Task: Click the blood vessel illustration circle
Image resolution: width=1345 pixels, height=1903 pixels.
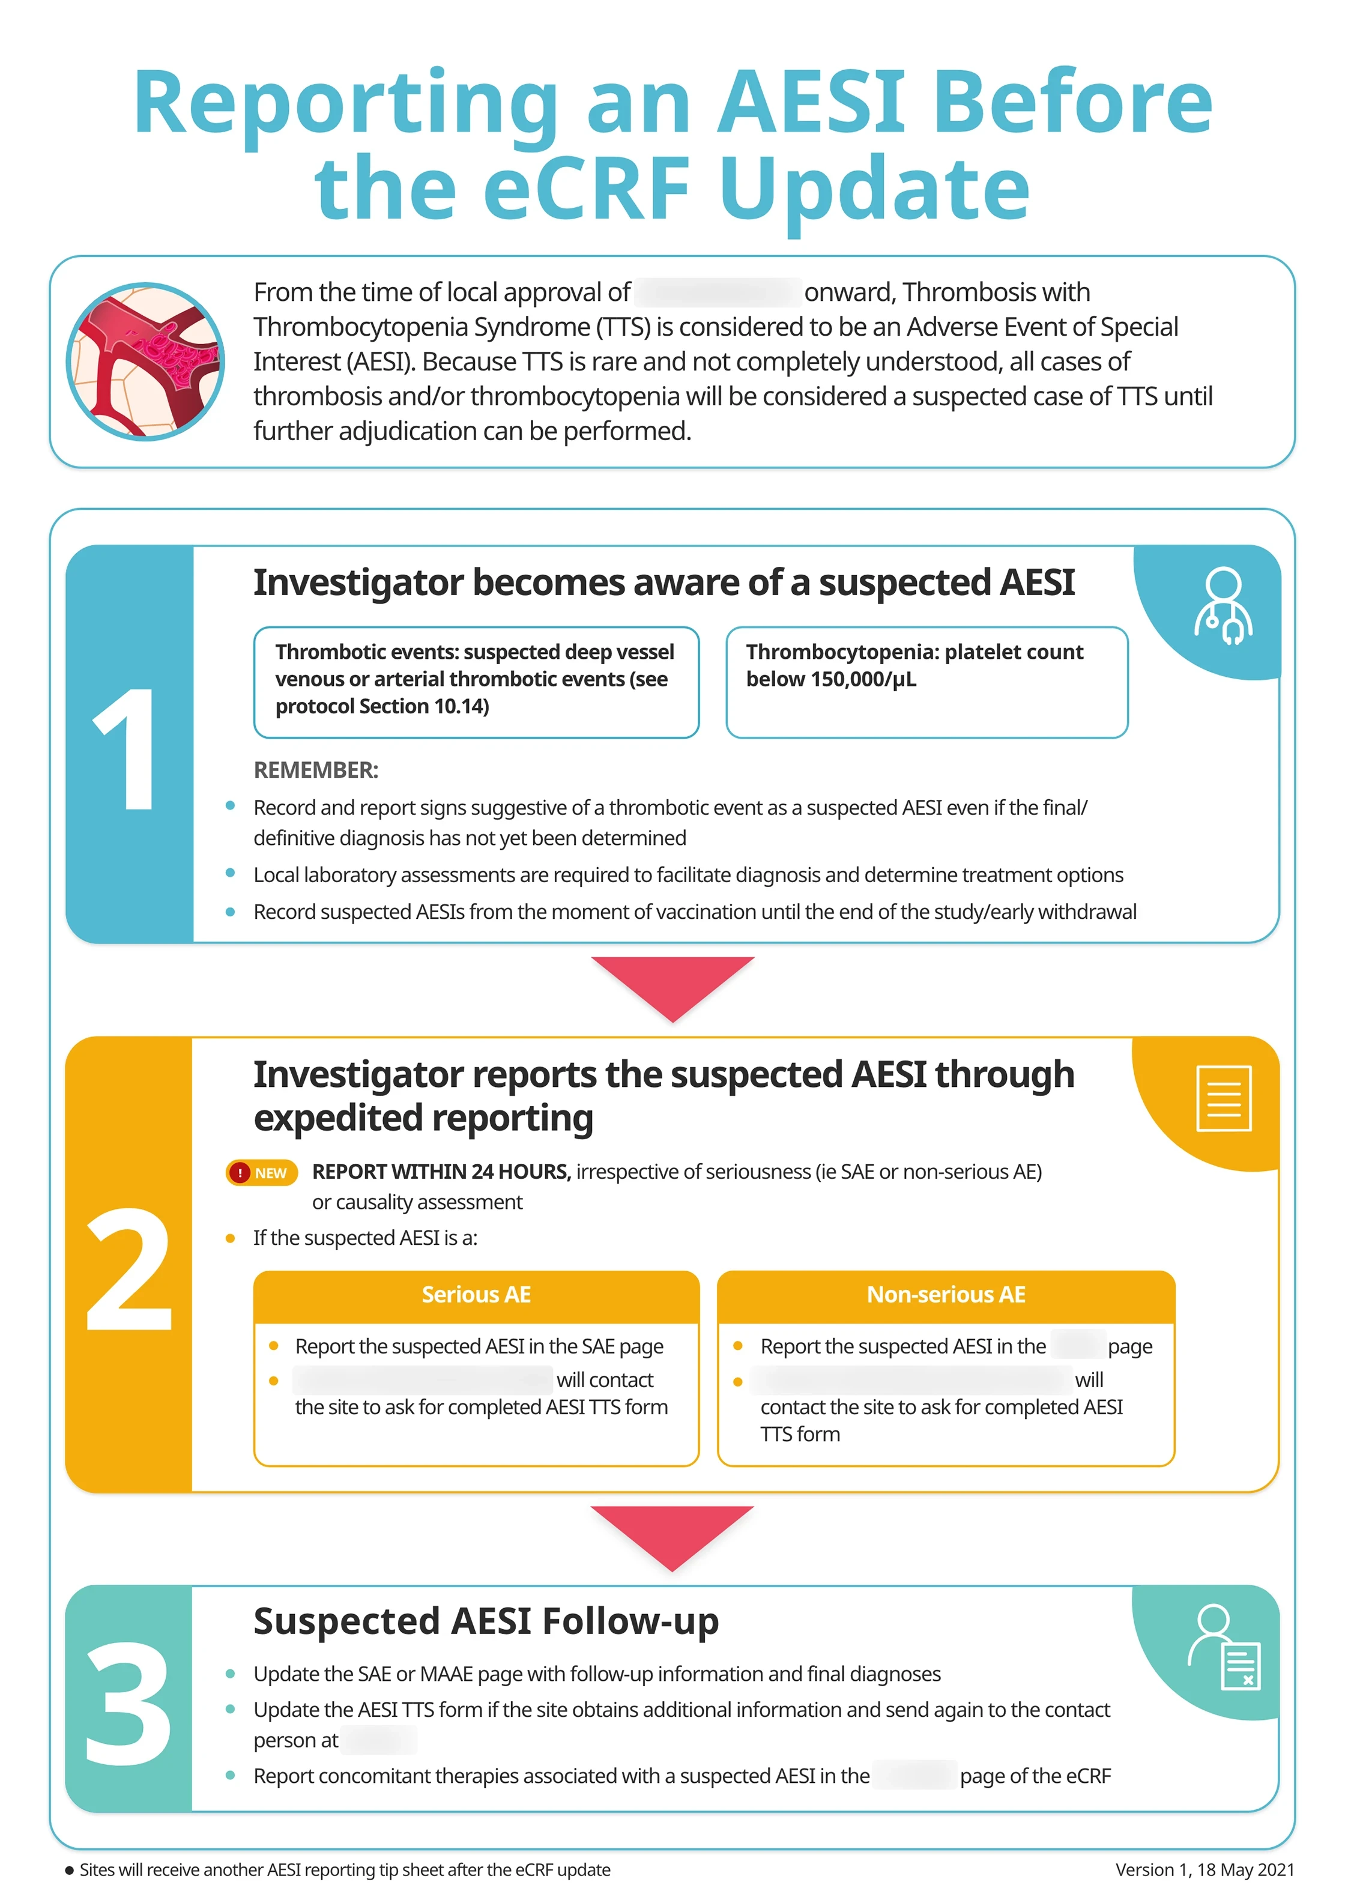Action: click(x=145, y=362)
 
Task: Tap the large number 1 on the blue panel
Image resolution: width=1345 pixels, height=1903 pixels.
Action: click(x=128, y=749)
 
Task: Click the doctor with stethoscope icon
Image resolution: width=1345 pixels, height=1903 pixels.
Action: click(x=1223, y=607)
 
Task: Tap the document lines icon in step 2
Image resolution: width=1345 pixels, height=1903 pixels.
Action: click(x=1223, y=1098)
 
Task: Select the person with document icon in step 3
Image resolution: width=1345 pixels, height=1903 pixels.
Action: click(x=1223, y=1648)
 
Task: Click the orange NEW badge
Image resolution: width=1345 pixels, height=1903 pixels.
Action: click(x=262, y=1173)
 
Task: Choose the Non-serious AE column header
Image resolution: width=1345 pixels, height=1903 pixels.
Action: click(x=946, y=1295)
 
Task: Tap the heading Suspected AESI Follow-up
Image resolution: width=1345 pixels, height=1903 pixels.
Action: click(x=486, y=1621)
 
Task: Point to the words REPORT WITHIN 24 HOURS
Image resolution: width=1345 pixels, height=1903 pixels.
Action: click(x=441, y=1172)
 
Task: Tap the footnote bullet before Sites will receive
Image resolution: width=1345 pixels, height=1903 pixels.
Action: click(x=70, y=1871)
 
